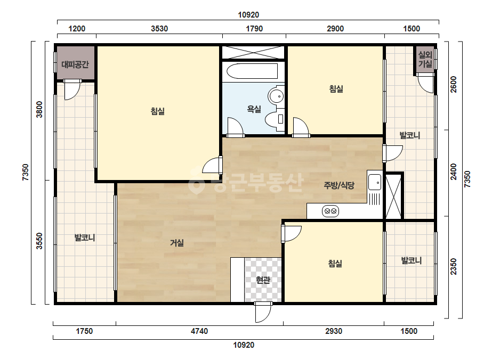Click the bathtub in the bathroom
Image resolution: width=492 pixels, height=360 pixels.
252,71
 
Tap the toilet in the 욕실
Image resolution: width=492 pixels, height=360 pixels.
275,119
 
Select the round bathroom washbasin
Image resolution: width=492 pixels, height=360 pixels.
276,96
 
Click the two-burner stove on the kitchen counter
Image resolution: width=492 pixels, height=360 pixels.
330,211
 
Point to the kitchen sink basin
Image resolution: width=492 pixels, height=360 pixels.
375,182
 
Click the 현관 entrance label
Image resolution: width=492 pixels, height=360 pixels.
263,280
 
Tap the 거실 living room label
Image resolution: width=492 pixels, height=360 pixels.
177,242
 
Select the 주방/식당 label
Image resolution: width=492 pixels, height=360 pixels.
339,185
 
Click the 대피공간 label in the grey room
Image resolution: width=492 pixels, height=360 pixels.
75,64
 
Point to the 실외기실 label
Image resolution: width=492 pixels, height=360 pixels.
425,60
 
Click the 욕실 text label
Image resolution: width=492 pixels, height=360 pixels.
254,109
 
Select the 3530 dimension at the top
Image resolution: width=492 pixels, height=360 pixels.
159,29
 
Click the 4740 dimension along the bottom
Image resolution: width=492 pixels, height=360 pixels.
199,331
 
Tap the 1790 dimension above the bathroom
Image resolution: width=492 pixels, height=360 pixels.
254,29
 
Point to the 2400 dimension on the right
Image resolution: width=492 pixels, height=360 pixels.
454,172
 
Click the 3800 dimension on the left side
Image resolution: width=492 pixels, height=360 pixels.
39,109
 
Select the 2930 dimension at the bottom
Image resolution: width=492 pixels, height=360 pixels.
334,331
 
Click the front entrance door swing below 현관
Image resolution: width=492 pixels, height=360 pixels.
263,312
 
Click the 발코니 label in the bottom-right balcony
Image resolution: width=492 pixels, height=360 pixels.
412,260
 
